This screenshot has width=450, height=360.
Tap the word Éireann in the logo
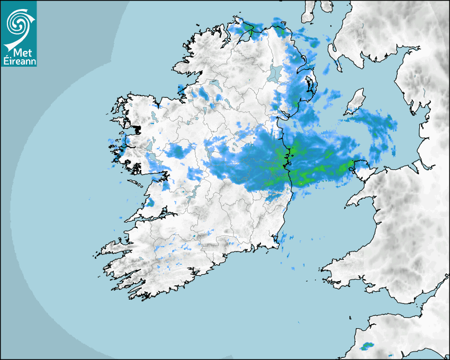(19, 61)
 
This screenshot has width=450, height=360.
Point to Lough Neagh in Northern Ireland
(274, 73)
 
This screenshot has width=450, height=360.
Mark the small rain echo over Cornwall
(366, 347)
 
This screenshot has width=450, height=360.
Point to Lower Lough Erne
(214, 84)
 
